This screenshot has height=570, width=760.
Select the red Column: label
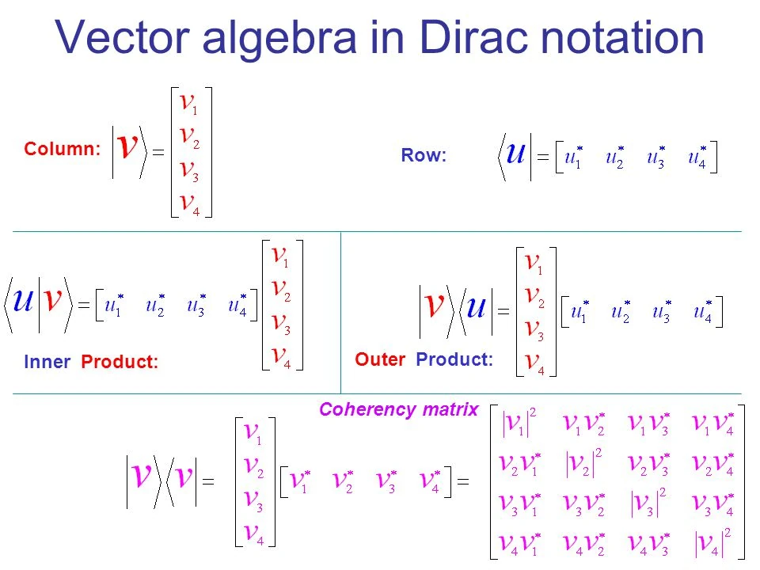point(62,149)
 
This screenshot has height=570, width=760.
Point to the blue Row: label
point(424,157)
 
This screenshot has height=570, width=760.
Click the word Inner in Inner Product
point(47,363)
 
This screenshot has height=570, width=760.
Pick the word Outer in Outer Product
point(381,359)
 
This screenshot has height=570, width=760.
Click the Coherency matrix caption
point(398,409)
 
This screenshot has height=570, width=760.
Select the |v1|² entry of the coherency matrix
point(520,425)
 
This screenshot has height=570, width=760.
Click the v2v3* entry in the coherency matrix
point(648,464)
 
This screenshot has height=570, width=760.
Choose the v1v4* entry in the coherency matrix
point(712,425)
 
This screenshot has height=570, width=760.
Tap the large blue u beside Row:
point(515,152)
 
